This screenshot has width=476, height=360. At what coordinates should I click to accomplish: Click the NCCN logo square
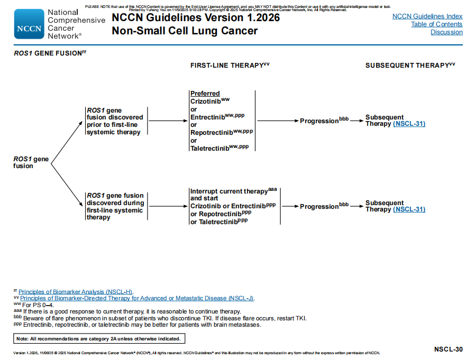(29, 24)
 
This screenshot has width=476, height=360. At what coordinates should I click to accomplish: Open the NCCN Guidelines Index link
(427, 16)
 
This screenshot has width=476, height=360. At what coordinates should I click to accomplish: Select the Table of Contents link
(436, 24)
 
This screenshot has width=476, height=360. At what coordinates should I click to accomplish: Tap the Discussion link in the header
(446, 32)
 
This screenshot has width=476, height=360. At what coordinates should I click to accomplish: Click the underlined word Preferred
(205, 94)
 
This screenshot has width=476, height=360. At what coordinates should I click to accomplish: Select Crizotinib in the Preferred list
(206, 101)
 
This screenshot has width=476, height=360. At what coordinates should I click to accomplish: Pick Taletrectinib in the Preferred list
(209, 149)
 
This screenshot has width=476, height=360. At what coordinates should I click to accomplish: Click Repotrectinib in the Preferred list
(210, 133)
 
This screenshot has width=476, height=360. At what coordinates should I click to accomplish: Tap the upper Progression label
(319, 121)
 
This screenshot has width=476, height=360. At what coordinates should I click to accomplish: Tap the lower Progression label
(319, 207)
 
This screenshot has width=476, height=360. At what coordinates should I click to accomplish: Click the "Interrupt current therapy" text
(229, 191)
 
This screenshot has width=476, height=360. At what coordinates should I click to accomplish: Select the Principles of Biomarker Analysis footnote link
(76, 292)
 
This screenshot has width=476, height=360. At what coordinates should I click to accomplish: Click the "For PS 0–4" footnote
(38, 305)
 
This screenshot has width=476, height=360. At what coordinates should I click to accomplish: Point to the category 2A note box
(99, 339)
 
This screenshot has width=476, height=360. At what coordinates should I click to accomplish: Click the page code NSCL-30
(448, 349)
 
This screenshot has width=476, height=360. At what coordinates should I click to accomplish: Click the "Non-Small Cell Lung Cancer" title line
(185, 31)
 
